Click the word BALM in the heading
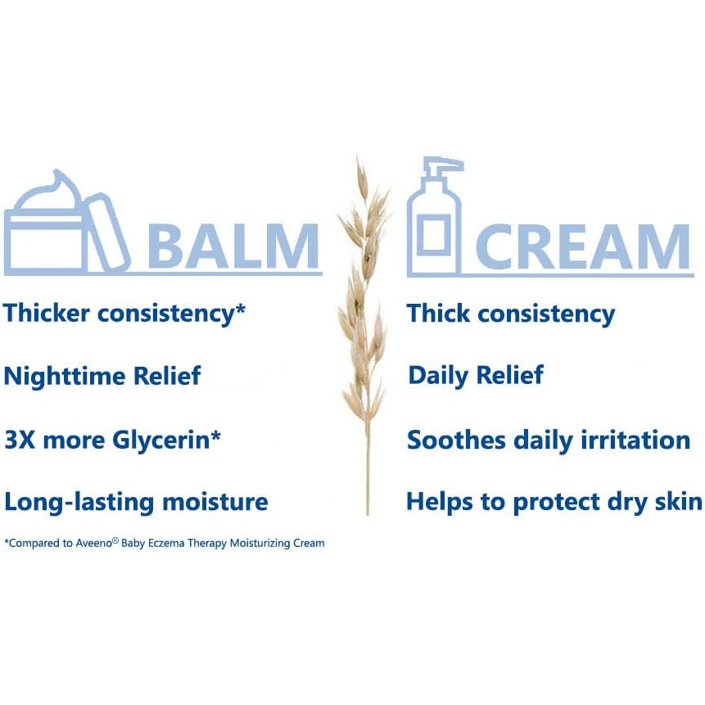[x=233, y=246]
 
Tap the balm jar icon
[x=66, y=222]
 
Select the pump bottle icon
[x=434, y=216]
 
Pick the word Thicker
[x=47, y=313]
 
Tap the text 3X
[x=20, y=440]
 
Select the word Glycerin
[x=161, y=441]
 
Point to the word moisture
[x=215, y=502]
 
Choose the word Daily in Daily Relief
[x=438, y=376]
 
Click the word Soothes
[x=456, y=440]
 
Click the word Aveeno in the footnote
[x=94, y=543]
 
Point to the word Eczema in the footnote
[x=166, y=543]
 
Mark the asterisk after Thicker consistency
[x=241, y=310]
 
